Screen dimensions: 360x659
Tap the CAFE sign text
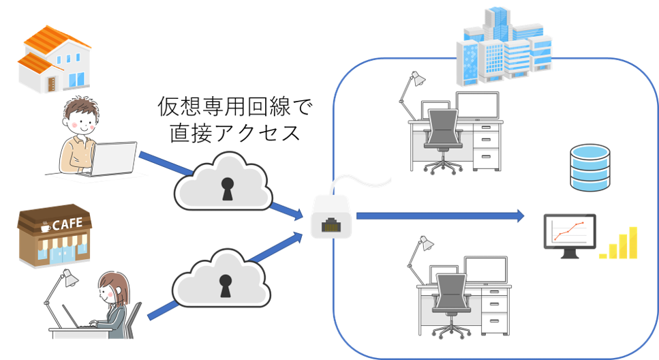click(x=67, y=223)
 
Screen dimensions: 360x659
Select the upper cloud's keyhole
click(x=227, y=189)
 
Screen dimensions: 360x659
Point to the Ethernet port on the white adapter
click(x=331, y=222)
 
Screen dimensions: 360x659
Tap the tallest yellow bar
click(x=633, y=243)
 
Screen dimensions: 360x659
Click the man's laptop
click(x=112, y=159)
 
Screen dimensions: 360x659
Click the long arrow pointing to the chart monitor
click(x=440, y=216)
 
